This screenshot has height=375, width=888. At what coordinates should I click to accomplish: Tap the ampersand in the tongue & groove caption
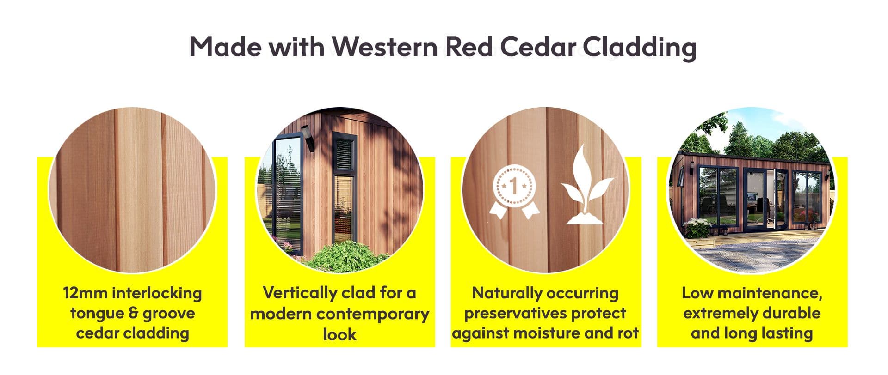tap(133, 313)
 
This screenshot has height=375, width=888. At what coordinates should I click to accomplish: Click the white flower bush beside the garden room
tap(697, 228)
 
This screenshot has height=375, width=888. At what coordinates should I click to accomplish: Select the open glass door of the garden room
tap(782, 198)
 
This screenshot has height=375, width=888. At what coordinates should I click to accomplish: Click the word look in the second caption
tap(339, 334)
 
